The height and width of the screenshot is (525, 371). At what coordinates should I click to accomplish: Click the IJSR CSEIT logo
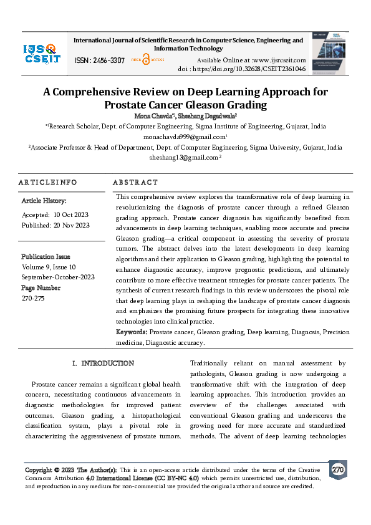41,54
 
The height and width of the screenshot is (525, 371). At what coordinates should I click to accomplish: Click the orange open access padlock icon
146,59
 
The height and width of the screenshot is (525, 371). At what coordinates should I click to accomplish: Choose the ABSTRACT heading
135,182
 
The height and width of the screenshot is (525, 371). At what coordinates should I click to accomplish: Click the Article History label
44,201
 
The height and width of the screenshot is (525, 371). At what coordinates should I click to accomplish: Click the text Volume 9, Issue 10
50,267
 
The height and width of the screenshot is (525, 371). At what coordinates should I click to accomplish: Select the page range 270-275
33,298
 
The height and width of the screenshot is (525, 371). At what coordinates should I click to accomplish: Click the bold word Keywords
131,333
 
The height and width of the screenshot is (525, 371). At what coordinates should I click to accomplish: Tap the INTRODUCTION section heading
103,363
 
